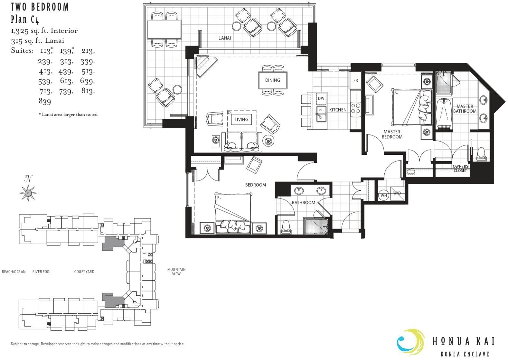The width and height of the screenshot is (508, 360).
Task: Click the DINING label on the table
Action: click(x=272, y=80)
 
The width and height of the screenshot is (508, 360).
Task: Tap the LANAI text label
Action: click(x=224, y=38)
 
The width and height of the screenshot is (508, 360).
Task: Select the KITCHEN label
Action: click(x=338, y=110)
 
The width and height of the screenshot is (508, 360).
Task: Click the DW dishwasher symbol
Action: click(x=321, y=98)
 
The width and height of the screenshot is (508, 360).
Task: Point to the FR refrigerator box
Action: click(x=355, y=80)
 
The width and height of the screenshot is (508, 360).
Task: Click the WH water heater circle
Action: click(x=383, y=195)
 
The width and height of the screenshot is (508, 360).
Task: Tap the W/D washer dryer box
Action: click(x=397, y=193)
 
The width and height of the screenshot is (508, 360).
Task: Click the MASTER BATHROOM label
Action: click(x=465, y=109)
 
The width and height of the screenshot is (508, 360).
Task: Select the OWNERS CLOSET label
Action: click(x=460, y=168)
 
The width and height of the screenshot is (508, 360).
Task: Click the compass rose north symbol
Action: click(x=28, y=193)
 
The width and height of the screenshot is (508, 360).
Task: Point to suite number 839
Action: click(x=45, y=101)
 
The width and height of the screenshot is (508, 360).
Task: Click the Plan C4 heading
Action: click(x=25, y=20)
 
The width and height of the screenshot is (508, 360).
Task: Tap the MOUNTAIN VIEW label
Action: click(x=176, y=272)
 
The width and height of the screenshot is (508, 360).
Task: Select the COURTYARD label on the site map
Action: click(x=84, y=272)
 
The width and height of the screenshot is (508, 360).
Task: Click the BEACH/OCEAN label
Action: click(x=14, y=272)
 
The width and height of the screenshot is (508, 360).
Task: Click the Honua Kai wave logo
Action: click(x=410, y=342)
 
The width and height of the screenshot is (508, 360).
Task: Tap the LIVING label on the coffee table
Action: click(x=241, y=119)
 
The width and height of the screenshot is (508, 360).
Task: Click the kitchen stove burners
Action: click(x=356, y=108)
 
